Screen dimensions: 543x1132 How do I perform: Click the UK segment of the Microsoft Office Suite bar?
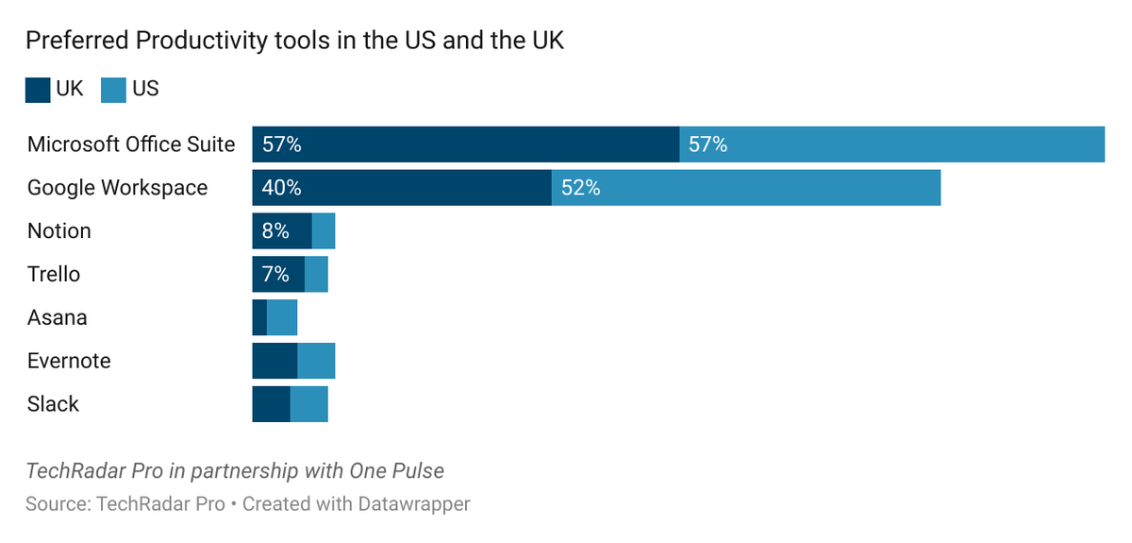tap(465, 144)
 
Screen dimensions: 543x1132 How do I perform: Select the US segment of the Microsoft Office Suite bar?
tap(891, 144)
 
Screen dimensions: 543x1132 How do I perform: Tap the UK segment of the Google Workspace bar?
tap(402, 188)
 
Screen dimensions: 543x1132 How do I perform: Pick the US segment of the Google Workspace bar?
tap(745, 188)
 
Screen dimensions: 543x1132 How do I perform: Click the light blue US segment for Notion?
tap(324, 231)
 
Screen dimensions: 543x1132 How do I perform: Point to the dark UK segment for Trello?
tap(278, 275)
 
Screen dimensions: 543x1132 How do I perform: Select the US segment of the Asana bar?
tap(282, 318)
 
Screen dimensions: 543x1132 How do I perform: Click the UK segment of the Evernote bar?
tap(275, 362)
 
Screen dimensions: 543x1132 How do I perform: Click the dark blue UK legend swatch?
tap(38, 90)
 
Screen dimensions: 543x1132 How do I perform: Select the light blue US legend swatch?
tap(113, 90)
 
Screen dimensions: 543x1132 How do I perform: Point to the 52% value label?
tap(580, 188)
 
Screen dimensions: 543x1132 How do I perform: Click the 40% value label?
tap(281, 188)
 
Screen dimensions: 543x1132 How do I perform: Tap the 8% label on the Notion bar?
tap(275, 231)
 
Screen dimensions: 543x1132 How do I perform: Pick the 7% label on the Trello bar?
tap(275, 275)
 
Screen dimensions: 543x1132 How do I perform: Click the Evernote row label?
tap(69, 362)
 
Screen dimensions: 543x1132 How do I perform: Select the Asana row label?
tap(57, 318)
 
